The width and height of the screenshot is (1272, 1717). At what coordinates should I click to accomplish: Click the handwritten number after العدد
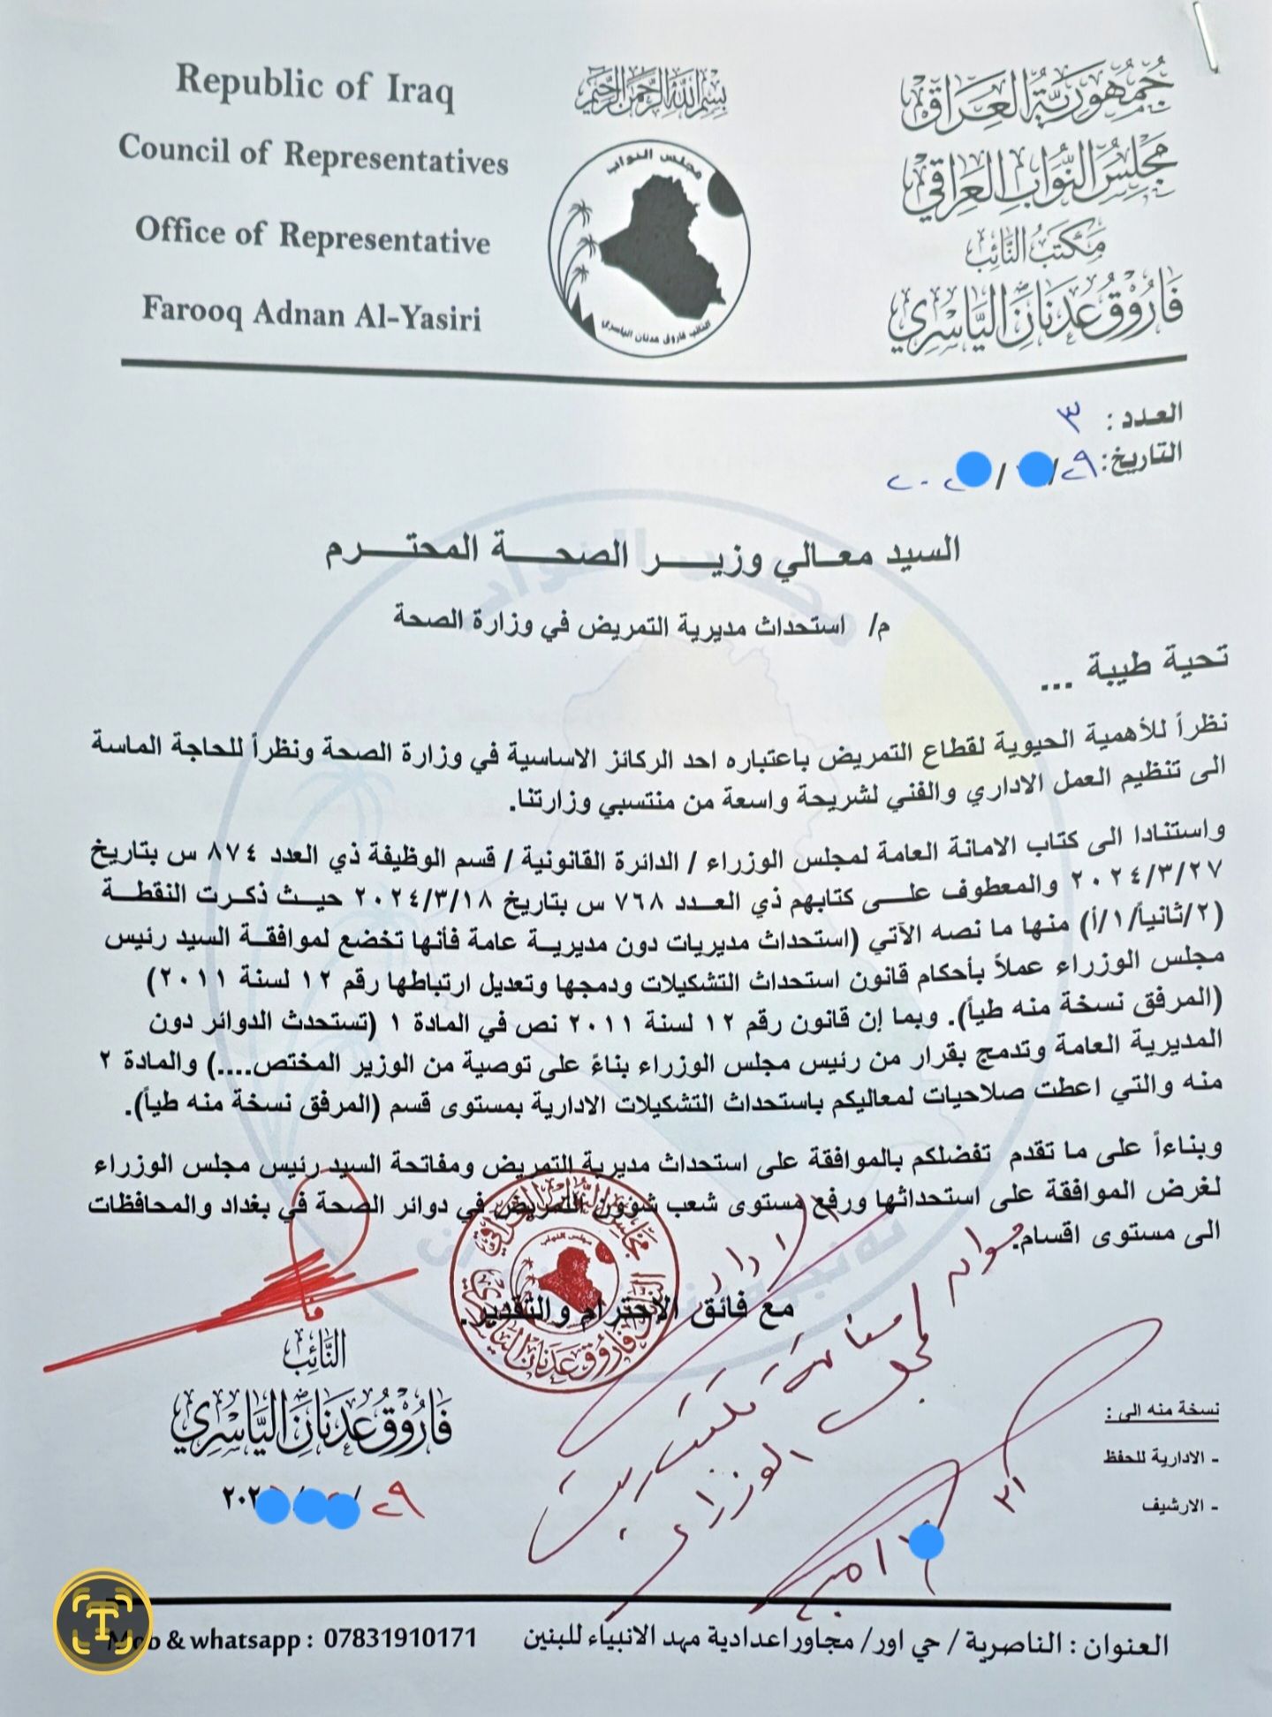[1071, 419]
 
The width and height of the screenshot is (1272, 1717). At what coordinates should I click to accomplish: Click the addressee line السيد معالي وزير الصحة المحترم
[642, 554]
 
